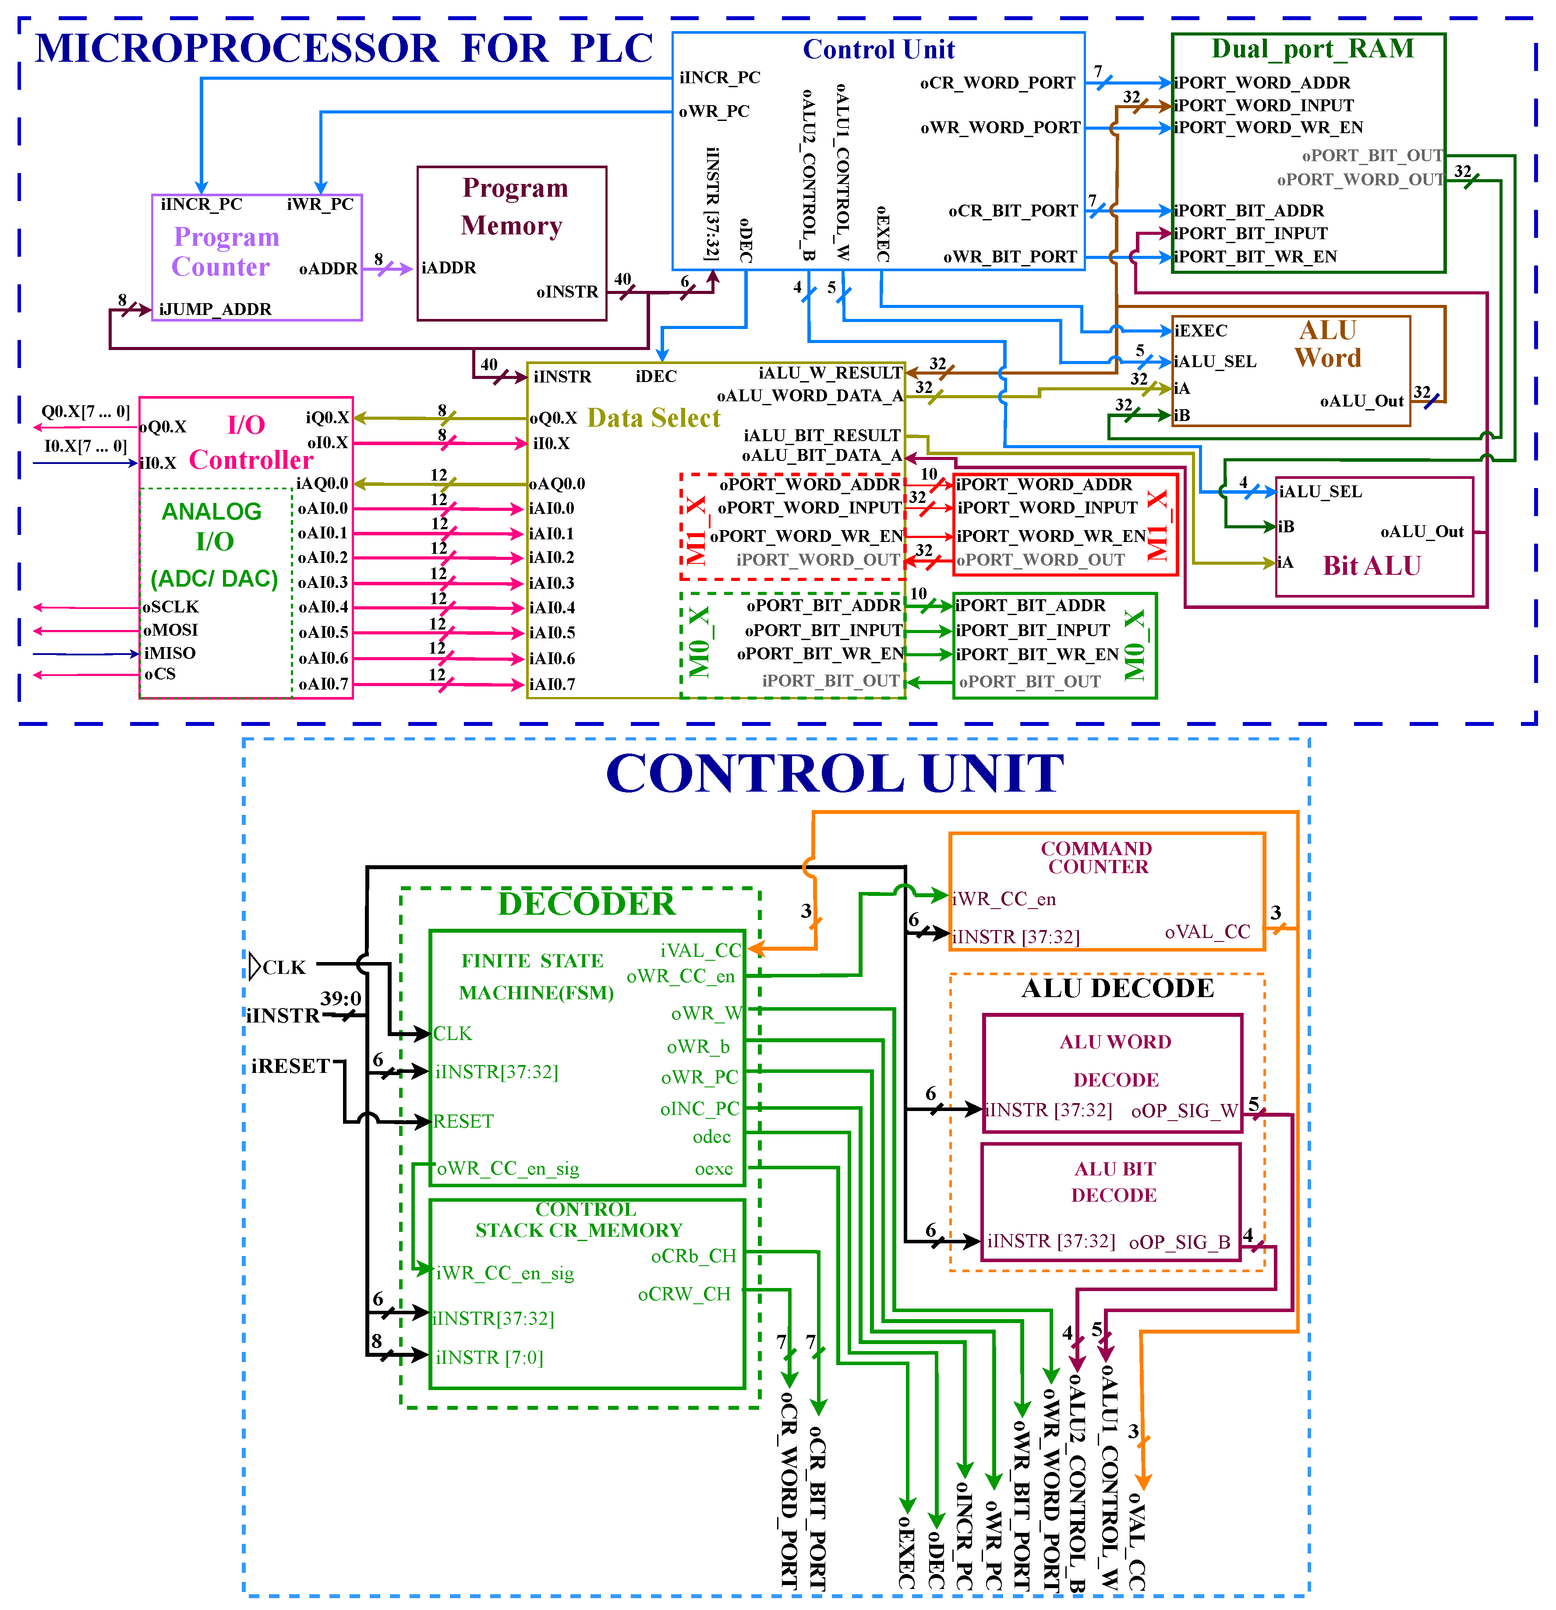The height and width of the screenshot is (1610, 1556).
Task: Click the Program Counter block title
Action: point(225,251)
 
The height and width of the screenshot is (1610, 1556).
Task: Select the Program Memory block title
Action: point(513,206)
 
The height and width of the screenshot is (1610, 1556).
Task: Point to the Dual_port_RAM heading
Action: point(1312,49)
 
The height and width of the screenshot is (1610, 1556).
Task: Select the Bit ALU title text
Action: point(1371,566)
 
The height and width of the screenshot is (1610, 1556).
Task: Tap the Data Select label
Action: point(654,418)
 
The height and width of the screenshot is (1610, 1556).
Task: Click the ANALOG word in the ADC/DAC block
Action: point(211,512)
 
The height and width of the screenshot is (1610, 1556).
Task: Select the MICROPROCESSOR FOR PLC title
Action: point(343,49)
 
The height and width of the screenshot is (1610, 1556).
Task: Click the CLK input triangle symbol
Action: point(255,966)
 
